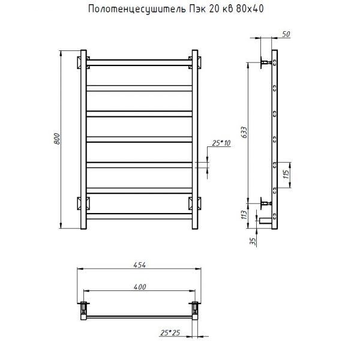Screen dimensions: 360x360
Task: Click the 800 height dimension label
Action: (57, 139)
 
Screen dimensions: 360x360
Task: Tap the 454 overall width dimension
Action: (140, 265)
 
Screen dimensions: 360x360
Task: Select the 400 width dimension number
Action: (140, 287)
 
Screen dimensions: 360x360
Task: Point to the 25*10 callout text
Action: (221, 143)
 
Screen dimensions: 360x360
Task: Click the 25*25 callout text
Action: (170, 332)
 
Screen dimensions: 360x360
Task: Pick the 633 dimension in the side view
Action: (244, 132)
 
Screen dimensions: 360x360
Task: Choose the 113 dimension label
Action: (244, 215)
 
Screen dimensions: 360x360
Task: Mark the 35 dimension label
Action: (253, 241)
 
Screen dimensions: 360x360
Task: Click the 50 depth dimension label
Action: (286, 34)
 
